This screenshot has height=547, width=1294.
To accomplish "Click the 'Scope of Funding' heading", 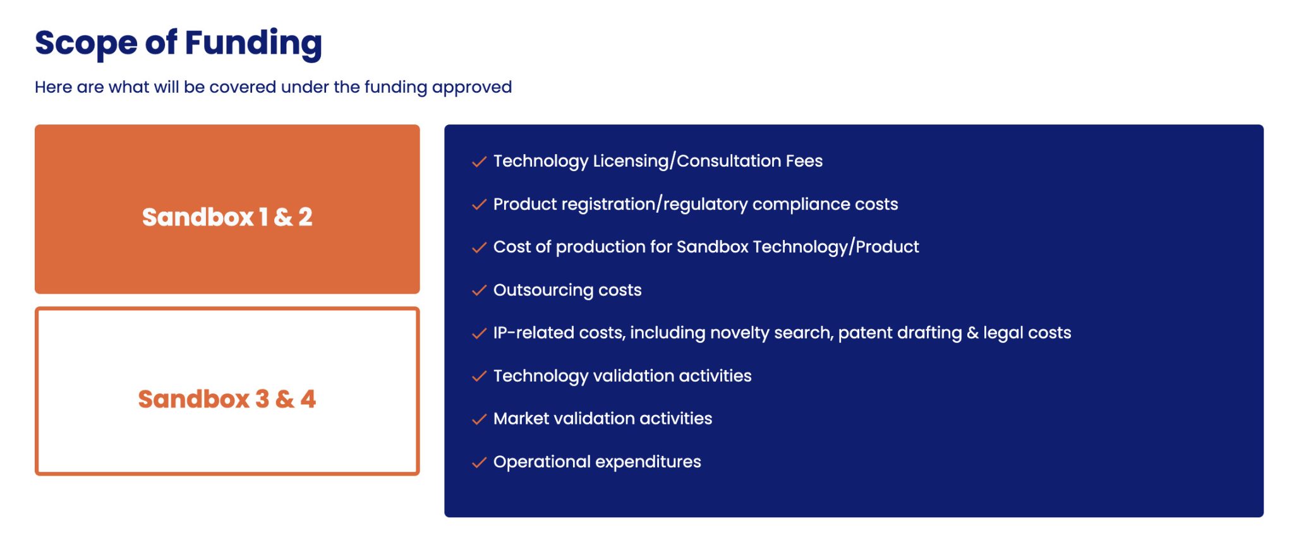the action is pos(178,44).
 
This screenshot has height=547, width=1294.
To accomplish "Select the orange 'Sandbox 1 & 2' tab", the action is pos(227,209).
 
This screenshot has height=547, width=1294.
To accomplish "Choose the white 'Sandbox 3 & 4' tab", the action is pos(227,391).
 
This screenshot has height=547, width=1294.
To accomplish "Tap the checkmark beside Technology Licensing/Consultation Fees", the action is pos(479,162).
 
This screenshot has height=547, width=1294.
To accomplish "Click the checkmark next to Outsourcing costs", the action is pos(479,291).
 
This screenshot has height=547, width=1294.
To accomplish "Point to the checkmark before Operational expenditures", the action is pos(479,462).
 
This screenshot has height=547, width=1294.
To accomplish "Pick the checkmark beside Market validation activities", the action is pos(479,419).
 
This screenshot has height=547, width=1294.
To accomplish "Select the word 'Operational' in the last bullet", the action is pos(541,462).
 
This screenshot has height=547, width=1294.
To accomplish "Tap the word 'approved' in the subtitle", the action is pos(472,88).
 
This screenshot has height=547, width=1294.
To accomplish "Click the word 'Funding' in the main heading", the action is pos(253,44).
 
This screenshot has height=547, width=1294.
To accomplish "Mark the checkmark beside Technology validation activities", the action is pos(479,376).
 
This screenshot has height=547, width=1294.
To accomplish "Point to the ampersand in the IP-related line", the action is pos(972,333).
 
